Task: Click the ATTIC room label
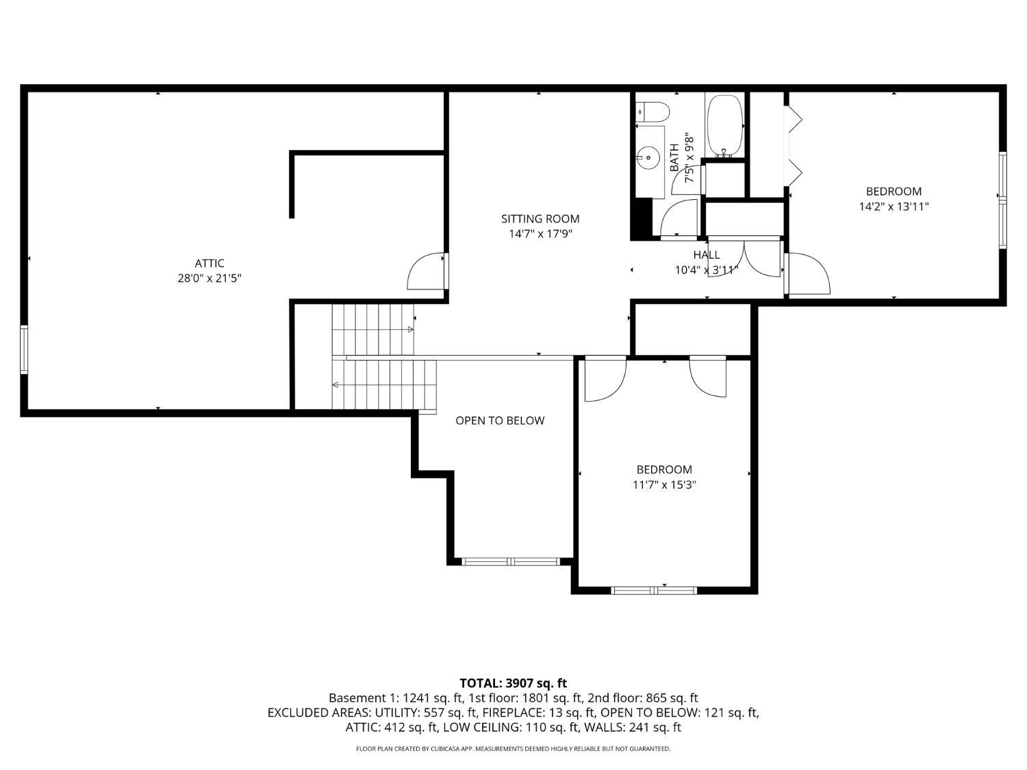tap(209, 264)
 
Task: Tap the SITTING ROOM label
tap(540, 219)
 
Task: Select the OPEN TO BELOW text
tap(500, 421)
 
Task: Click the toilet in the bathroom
tap(652, 112)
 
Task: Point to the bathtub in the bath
tap(725, 126)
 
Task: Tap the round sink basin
tap(648, 158)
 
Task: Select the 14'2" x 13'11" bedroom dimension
tap(893, 207)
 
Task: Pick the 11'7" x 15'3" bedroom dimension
tap(664, 485)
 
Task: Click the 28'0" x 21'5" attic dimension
tap(209, 279)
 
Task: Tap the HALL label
tap(707, 255)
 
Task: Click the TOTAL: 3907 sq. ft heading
tap(513, 684)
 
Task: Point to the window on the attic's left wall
tap(24, 350)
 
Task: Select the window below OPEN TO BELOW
tap(511, 561)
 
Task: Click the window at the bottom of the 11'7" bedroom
tap(654, 591)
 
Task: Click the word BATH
tap(674, 157)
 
